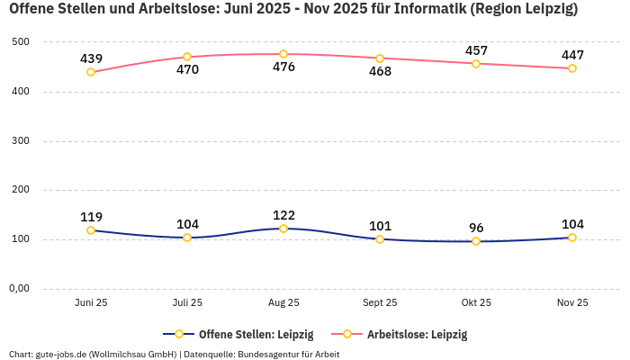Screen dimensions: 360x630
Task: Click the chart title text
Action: (293, 10)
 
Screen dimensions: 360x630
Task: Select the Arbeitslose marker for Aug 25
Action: (283, 54)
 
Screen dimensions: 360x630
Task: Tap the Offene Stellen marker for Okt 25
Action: (476, 241)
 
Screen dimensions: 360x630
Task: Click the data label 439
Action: (91, 58)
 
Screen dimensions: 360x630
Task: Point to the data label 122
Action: (283, 215)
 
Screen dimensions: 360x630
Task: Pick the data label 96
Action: (476, 228)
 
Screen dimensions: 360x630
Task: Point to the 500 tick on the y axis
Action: (22, 42)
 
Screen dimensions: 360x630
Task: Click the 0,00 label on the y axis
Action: (19, 289)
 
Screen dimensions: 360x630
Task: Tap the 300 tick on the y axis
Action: (22, 141)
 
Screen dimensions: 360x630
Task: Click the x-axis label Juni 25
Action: (91, 303)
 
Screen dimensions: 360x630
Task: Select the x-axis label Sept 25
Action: (380, 303)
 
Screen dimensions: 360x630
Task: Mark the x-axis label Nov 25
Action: (572, 303)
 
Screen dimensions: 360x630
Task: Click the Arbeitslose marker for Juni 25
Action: (91, 72)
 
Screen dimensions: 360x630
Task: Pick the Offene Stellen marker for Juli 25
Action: (187, 238)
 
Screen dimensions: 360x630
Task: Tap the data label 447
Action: (572, 55)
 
